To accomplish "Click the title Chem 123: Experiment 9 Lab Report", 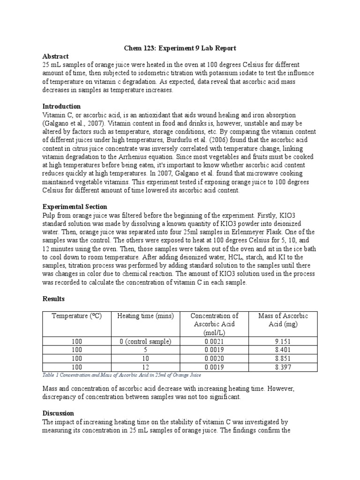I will [180, 48].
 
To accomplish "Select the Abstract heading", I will [56, 56].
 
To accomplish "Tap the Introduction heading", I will [61, 106].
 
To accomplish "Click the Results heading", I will [53, 299].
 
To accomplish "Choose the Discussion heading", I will [58, 413].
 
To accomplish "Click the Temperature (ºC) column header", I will [76, 316].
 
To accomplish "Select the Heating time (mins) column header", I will [145, 316].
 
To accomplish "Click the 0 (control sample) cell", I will [145, 341].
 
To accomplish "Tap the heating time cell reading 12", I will [145, 367].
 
